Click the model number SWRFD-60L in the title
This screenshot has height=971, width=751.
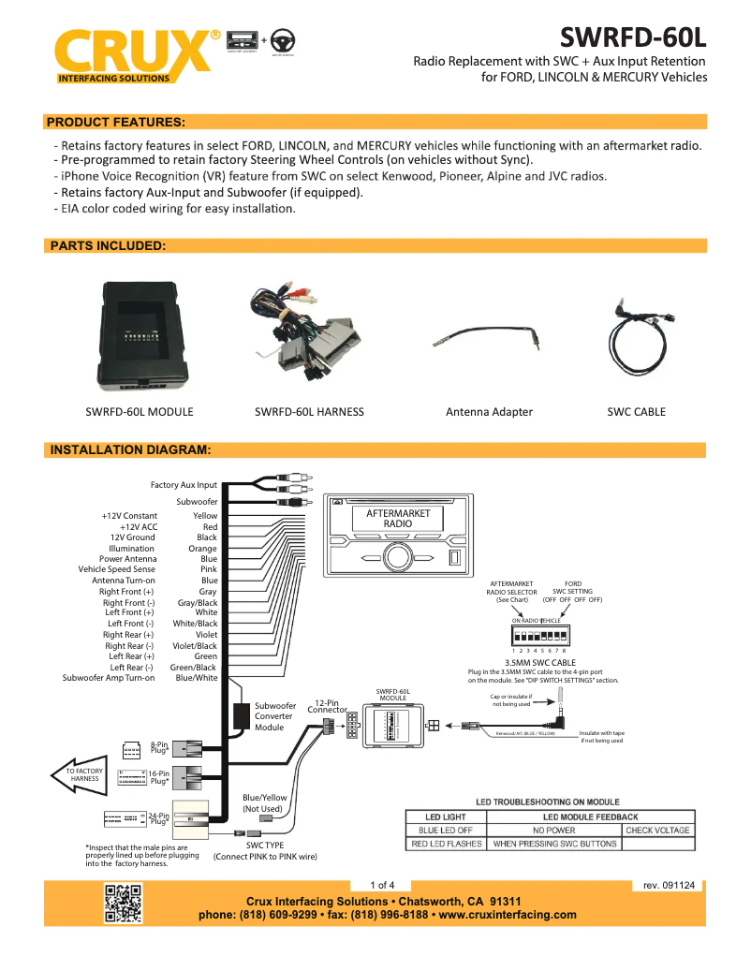[x=633, y=37]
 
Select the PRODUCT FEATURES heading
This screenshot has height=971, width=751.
[x=115, y=122]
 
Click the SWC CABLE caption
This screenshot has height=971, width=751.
[x=636, y=411]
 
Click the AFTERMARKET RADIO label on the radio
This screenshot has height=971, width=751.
[x=398, y=519]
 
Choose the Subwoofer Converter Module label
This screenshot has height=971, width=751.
[x=275, y=716]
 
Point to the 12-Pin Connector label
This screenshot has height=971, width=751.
[x=327, y=706]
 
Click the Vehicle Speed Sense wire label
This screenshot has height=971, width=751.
[x=117, y=569]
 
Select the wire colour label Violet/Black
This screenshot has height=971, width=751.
[x=195, y=646]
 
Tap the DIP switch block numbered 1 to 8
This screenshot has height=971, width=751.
[x=538, y=634]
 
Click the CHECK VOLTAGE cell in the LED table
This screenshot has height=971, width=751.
[x=657, y=830]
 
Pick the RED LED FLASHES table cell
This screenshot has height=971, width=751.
[x=446, y=844]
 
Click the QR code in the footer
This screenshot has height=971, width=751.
[x=123, y=904]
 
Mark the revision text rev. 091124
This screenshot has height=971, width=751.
[x=669, y=885]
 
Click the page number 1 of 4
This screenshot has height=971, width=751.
[x=382, y=885]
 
